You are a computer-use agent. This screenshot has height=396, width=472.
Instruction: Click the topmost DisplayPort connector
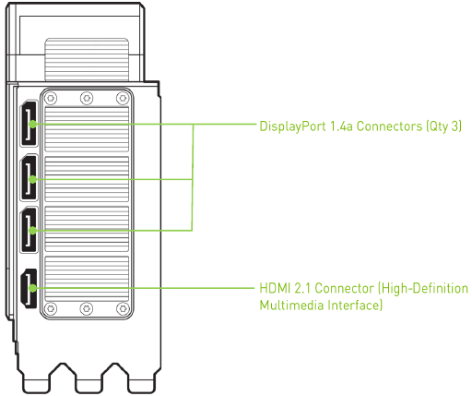[29, 124]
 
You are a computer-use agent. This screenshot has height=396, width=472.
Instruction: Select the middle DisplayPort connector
[29, 178]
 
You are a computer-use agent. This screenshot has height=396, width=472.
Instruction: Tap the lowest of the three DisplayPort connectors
[29, 230]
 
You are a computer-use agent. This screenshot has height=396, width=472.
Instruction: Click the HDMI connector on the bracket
[29, 288]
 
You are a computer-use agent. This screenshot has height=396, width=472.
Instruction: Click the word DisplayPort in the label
[292, 126]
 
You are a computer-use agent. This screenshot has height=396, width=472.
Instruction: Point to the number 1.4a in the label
[341, 126]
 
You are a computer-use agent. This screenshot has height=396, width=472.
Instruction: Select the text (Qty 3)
[443, 126]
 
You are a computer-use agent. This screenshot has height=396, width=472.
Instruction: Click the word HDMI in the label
[275, 288]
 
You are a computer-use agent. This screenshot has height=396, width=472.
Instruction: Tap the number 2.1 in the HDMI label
[302, 288]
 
